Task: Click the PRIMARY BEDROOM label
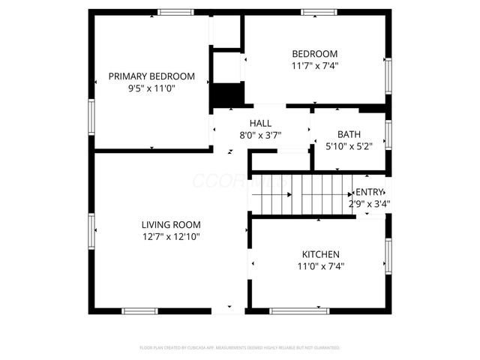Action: tap(151, 76)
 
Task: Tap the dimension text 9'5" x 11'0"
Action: tap(151, 88)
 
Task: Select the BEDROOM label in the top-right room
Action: tap(314, 54)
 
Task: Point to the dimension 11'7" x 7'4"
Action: tap(314, 65)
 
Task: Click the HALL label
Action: tap(260, 124)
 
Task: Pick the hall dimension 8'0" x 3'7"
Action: tap(260, 135)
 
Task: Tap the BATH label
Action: tap(349, 135)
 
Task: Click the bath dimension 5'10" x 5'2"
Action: tap(349, 146)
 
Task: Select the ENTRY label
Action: tap(369, 192)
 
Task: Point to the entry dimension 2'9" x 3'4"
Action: tap(369, 203)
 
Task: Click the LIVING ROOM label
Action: tap(171, 224)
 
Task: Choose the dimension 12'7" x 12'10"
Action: tap(171, 236)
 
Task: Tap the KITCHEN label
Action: tap(321, 254)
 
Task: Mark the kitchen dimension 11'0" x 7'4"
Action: tap(321, 265)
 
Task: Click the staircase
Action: tap(300, 194)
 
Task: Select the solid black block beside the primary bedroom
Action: tap(226, 96)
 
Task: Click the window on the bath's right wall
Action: tap(388, 134)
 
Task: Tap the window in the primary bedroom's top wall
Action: tap(175, 11)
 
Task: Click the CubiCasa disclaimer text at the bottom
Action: tap(240, 348)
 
